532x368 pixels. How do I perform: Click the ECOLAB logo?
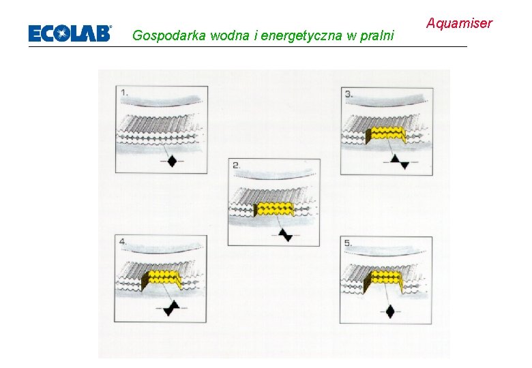[x=69, y=33]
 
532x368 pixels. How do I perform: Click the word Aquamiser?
[x=459, y=24]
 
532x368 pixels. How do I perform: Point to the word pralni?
[x=378, y=35]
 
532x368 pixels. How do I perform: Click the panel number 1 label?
[x=125, y=92]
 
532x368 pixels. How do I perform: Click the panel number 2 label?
[x=237, y=166]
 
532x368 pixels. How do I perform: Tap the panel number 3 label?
[x=349, y=94]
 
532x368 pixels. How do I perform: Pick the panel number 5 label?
[x=349, y=243]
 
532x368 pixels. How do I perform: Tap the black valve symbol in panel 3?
[x=398, y=161]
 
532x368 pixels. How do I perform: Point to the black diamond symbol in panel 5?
[x=389, y=311]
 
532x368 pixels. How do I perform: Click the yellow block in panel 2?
[x=274, y=209]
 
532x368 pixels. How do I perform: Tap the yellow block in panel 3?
[x=385, y=135]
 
